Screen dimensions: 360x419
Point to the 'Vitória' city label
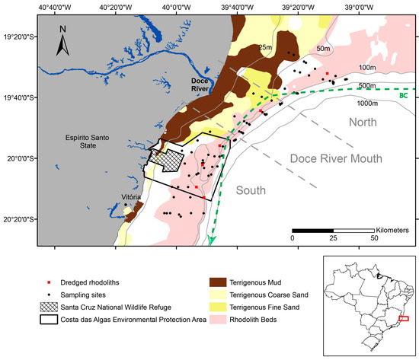click(131, 196)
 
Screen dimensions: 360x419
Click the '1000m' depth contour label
click(367, 103)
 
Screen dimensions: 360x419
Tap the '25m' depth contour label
click(264, 47)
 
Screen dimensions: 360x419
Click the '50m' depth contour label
click(323, 49)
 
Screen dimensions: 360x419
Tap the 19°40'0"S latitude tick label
click(18, 98)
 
